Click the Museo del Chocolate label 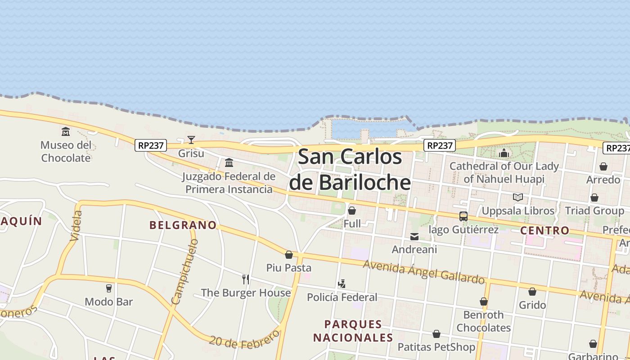tap(66, 152)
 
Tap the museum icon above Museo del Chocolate tap(66, 132)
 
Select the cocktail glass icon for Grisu tap(191, 140)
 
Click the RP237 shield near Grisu tap(151, 145)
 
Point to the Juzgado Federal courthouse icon tap(229, 162)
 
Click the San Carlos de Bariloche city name tap(350, 170)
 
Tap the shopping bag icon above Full tap(352, 211)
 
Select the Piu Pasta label tap(289, 268)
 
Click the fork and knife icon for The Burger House tap(246, 279)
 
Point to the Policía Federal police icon tap(342, 284)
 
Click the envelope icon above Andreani tap(414, 237)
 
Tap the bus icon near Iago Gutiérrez tap(463, 216)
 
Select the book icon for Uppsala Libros tap(518, 198)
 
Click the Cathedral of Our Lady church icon tap(504, 153)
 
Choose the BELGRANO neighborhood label tap(183, 225)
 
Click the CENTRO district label tap(544, 231)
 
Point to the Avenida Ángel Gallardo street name tap(424, 272)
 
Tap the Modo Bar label tap(109, 301)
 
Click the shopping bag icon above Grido tap(532, 292)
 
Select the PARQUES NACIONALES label tap(353, 331)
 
